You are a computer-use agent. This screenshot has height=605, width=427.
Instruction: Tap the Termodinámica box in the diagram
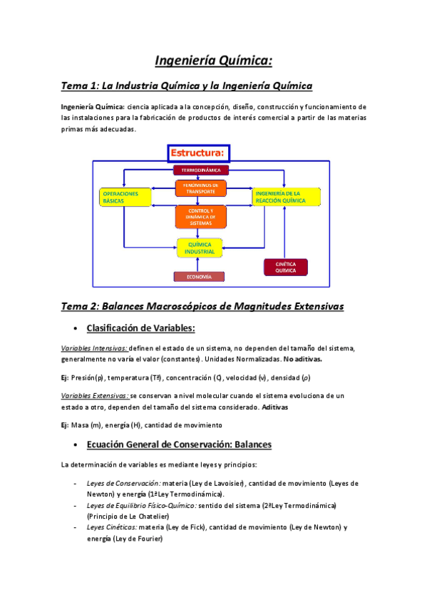point(200,171)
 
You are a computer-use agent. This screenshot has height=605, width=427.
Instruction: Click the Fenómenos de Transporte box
point(200,188)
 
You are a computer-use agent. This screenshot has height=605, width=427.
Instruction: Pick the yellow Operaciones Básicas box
point(125,198)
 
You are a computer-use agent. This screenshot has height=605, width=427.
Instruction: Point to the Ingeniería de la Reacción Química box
point(284,198)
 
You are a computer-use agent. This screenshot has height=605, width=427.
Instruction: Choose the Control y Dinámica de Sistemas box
point(200,217)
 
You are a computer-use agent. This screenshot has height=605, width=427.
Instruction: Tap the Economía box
point(200,277)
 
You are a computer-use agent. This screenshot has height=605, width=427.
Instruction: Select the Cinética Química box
point(285,267)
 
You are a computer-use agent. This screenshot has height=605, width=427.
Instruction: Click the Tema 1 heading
point(187,86)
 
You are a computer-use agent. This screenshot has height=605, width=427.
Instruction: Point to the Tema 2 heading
point(202,306)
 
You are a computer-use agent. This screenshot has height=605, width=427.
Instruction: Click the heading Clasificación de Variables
point(140,328)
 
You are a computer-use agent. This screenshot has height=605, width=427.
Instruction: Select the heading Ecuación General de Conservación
point(178,444)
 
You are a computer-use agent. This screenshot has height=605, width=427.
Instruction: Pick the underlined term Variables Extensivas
point(95,395)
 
